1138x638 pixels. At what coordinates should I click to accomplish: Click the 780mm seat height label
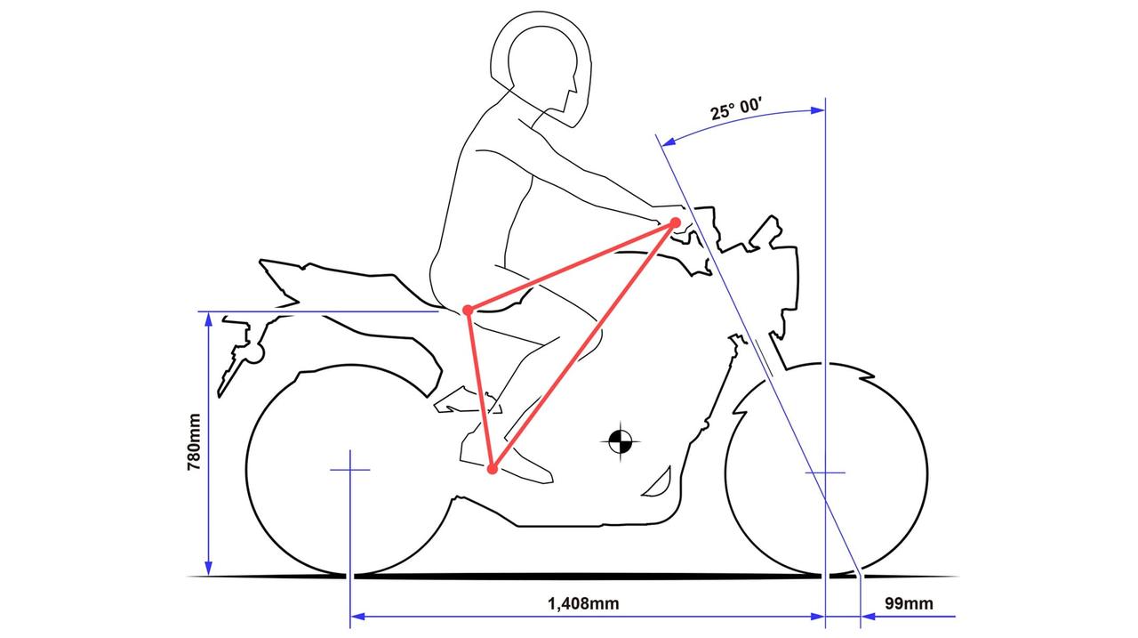[194, 441]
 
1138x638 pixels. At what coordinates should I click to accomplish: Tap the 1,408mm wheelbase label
[583, 604]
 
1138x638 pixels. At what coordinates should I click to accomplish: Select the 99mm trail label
[909, 603]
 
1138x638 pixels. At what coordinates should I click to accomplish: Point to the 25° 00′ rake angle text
[736, 109]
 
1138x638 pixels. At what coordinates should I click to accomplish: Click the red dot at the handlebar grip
[675, 222]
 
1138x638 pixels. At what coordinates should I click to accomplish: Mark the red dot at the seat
[468, 311]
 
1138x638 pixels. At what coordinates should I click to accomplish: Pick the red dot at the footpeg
[492, 469]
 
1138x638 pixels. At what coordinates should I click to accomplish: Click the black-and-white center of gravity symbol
[621, 441]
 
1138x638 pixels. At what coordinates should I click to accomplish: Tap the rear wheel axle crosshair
[350, 470]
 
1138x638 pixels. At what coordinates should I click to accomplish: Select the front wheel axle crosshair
[826, 472]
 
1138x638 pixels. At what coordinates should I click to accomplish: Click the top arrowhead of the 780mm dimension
[208, 319]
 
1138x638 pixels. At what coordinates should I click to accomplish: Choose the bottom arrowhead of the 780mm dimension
[208, 569]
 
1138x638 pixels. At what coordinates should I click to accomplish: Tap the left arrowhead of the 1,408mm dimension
[357, 617]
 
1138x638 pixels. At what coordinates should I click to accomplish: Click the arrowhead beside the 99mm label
[869, 617]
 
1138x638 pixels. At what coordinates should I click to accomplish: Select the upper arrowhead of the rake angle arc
[817, 109]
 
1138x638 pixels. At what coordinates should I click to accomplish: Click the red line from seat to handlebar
[572, 266]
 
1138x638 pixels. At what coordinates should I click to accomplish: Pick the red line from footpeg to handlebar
[583, 345]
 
